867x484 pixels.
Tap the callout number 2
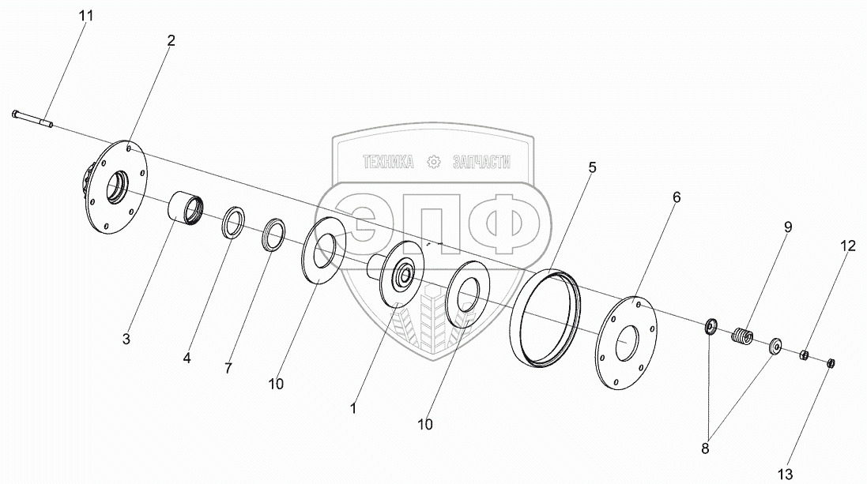pyautogui.click(x=171, y=40)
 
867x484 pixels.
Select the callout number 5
pyautogui.click(x=592, y=167)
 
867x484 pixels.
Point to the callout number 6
pyautogui.click(x=676, y=197)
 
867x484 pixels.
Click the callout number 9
pyautogui.click(x=787, y=227)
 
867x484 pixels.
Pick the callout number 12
pyautogui.click(x=847, y=246)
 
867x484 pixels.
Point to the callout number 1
pyautogui.click(x=353, y=409)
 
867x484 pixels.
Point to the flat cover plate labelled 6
pyautogui.click(x=626, y=341)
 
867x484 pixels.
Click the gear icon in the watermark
pyautogui.click(x=432, y=162)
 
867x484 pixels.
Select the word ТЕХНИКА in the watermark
pyautogui.click(x=388, y=162)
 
